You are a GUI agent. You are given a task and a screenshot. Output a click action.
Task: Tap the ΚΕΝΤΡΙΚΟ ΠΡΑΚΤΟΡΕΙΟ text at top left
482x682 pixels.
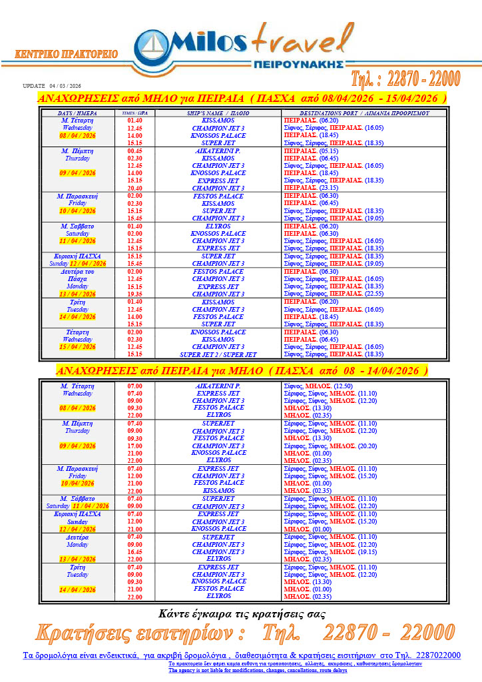tap(66, 54)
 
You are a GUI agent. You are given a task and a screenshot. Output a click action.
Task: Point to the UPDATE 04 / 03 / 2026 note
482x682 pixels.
tap(51, 86)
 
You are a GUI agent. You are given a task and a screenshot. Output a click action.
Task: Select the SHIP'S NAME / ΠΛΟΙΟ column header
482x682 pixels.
tap(223, 113)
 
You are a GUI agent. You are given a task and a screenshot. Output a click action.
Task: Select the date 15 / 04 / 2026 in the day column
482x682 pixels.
tap(77, 347)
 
